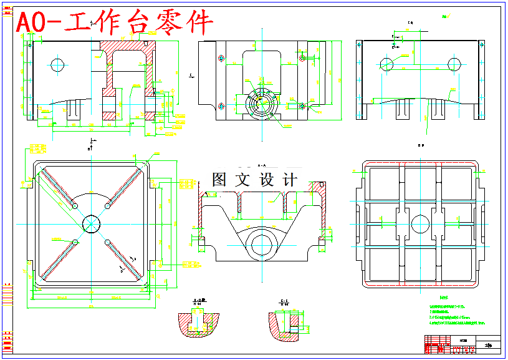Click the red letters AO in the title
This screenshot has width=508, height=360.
click(30, 23)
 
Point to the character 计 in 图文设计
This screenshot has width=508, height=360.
click(290, 180)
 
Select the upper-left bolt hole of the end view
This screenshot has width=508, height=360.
click(221, 59)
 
